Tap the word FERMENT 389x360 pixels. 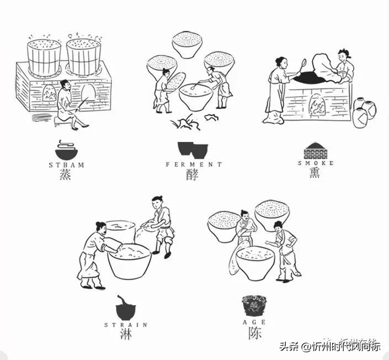194,165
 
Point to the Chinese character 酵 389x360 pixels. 193,176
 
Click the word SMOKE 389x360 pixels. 316,163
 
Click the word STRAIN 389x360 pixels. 126,325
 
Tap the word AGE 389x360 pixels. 255,322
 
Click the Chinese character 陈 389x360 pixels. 255,333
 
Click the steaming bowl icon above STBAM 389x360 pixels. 67,149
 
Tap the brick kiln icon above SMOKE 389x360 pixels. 316,151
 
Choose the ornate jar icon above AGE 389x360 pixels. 254,306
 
